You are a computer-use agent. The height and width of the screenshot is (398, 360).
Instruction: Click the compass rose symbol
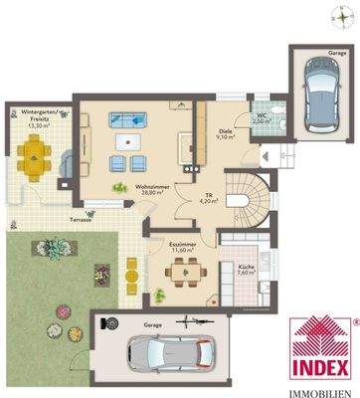pyautogui.click(x=335, y=15)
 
